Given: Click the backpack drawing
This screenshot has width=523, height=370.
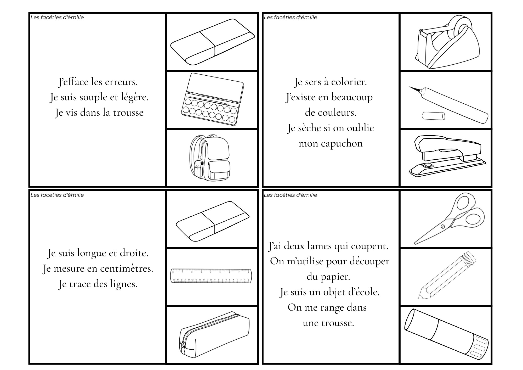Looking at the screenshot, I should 210,158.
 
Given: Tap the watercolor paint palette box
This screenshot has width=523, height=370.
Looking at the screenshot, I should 212,99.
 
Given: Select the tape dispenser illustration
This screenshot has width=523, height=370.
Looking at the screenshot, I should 447,42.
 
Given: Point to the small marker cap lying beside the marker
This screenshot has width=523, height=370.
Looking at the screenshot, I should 433,116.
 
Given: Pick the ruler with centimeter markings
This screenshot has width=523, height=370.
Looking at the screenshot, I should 211,276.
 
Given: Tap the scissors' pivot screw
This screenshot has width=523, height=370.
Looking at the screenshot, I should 442,226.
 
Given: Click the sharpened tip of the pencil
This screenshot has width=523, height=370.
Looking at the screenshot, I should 420,297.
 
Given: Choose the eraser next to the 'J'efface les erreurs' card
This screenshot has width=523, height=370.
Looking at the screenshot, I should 212,42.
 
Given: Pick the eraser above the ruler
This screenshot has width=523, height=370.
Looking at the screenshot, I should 212,221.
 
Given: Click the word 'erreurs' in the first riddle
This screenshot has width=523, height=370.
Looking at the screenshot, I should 124,82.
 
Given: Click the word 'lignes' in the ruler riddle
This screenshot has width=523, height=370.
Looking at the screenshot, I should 123,284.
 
